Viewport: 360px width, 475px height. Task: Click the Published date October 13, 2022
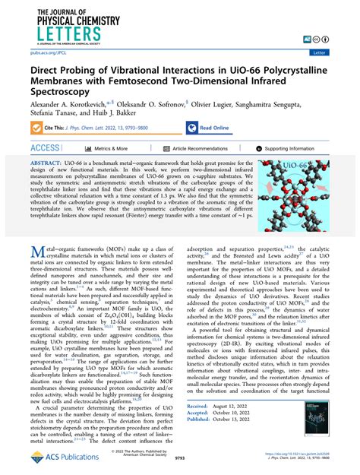pos(238,420)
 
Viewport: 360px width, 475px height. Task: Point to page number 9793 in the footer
pos(181,460)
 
